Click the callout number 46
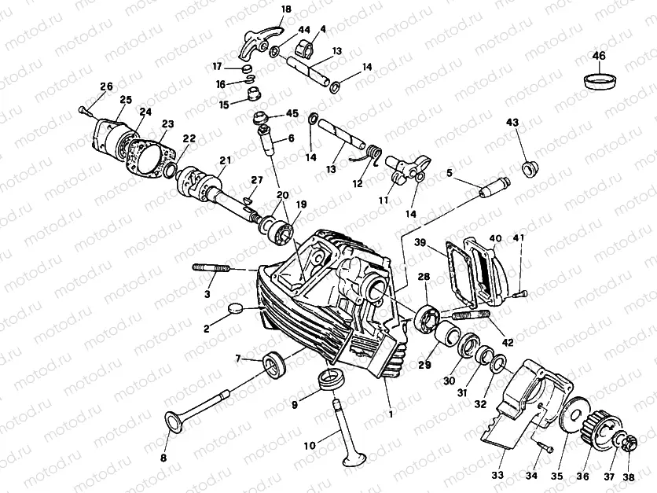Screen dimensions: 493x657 599,56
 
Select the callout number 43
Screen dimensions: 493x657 512,123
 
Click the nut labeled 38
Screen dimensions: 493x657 628,447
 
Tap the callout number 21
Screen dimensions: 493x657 226,160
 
